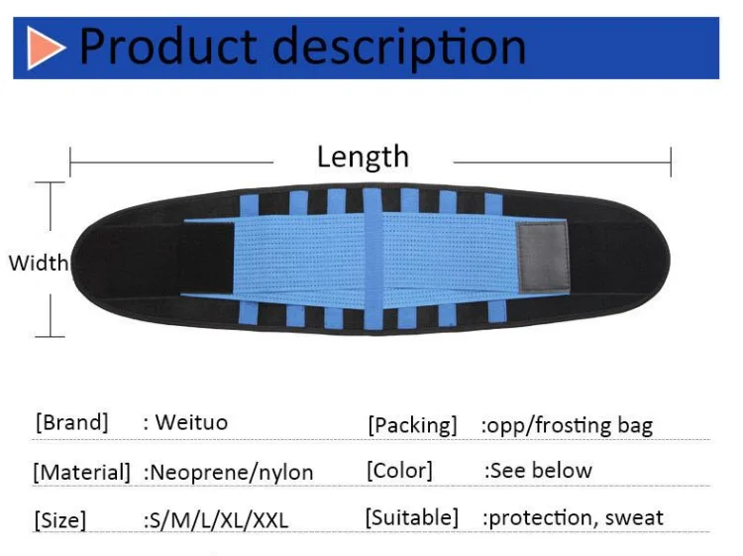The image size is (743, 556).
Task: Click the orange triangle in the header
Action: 45,48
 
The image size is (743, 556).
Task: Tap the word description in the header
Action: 400,48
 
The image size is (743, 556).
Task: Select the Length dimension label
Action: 363,157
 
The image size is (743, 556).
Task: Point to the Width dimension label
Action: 39,263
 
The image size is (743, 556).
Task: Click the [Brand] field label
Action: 71,422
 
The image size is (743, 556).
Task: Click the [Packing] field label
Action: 412,425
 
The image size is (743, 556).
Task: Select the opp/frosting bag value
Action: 569,426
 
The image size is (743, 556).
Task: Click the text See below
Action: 541,471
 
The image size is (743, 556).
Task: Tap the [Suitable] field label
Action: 411,517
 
